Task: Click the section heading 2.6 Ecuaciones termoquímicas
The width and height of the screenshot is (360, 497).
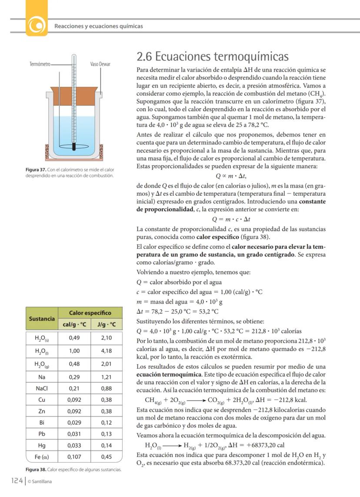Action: (x=213, y=57)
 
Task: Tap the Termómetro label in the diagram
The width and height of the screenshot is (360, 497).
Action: (x=39, y=64)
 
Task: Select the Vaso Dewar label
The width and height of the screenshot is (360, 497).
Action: (x=100, y=64)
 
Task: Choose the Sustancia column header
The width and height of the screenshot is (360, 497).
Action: (x=42, y=318)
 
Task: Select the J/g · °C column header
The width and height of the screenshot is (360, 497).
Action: (x=107, y=324)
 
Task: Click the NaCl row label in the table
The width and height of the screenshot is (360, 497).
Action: (x=42, y=388)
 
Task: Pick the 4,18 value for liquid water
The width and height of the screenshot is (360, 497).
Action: (x=107, y=350)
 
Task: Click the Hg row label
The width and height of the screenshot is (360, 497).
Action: (x=42, y=445)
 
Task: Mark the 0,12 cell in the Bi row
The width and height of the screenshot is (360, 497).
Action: (x=107, y=422)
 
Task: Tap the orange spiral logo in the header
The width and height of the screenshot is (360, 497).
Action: (x=37, y=26)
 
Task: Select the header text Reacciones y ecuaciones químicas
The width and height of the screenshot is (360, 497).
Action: (x=98, y=26)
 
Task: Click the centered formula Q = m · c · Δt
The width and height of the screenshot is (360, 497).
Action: (x=231, y=219)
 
